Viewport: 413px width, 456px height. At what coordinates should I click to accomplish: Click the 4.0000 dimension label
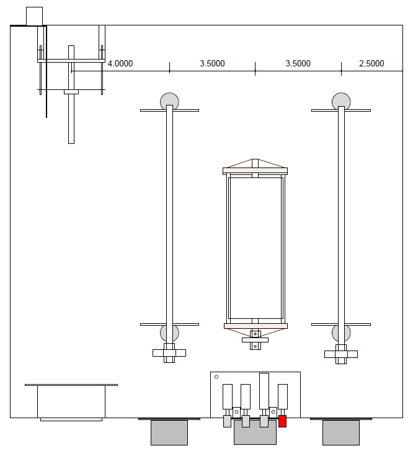pos(120,64)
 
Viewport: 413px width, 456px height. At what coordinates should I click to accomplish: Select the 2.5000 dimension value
pos(371,64)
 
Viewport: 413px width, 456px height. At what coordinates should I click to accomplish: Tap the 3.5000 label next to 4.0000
pos(212,64)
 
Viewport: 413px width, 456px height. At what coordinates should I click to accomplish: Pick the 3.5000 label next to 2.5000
pos(298,64)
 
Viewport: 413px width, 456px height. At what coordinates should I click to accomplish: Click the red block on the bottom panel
pos(283,422)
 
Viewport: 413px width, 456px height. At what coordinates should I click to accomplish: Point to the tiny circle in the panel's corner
pos(216,377)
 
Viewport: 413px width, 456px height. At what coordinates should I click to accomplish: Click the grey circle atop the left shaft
pos(169,100)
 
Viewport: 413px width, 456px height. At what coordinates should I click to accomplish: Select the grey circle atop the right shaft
pos(340,100)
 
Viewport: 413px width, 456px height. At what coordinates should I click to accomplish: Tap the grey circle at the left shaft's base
pos(169,333)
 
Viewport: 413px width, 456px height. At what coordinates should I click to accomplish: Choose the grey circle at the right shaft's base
pos(340,333)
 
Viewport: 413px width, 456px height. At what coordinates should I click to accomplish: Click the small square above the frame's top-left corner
pos(34,16)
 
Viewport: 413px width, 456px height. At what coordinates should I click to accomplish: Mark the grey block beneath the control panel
pos(255,434)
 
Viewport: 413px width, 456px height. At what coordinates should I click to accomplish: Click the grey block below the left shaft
pos(169,432)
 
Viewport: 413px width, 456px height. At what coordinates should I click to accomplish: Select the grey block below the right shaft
pos(340,432)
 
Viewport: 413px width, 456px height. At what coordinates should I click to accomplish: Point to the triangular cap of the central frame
pos(255,164)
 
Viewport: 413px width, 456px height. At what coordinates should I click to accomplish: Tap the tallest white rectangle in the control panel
pos(264,390)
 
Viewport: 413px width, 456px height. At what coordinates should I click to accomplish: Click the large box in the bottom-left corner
pos(71,402)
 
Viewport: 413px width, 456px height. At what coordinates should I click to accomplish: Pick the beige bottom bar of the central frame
pos(255,326)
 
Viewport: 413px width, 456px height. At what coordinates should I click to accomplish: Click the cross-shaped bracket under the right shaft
pos(340,355)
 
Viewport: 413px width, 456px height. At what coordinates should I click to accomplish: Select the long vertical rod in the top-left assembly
pos(71,94)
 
